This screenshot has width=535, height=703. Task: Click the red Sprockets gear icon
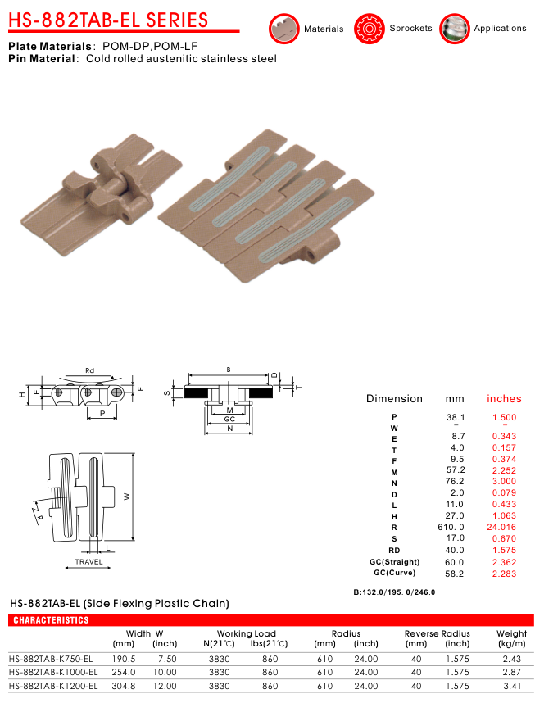(369, 29)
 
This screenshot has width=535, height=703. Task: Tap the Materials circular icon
(283, 29)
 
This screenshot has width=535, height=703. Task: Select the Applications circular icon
(454, 29)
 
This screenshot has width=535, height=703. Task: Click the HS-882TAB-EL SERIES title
(108, 20)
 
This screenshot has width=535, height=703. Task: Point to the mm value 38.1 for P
(456, 417)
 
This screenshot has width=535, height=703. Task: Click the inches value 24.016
(501, 528)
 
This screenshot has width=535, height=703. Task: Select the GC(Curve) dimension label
(395, 573)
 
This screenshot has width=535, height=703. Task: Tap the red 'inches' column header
(504, 398)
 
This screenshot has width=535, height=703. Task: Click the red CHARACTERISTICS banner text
(51, 620)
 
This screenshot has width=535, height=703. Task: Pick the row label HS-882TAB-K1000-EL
(53, 672)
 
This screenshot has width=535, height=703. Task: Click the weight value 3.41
(512, 686)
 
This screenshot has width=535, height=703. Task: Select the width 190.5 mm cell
(124, 659)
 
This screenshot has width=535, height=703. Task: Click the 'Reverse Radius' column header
(438, 633)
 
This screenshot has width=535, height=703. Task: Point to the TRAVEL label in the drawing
(88, 562)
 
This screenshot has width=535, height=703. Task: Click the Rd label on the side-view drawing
(89, 370)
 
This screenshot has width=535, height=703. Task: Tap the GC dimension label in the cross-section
(229, 419)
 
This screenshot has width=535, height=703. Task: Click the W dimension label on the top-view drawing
(127, 497)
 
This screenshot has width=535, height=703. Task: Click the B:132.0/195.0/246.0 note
(394, 592)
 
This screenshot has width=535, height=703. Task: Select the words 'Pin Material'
(41, 59)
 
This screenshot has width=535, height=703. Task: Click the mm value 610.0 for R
(451, 528)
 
